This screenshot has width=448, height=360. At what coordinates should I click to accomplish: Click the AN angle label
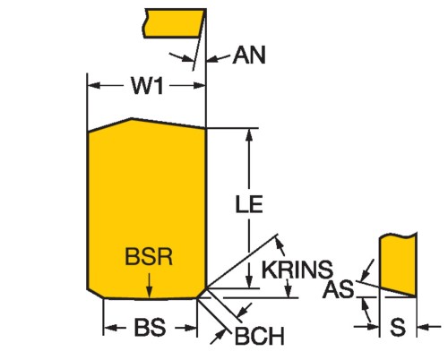(x=249, y=56)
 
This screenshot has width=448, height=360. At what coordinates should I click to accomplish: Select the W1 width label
(x=148, y=86)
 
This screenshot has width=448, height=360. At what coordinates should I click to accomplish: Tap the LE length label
(x=249, y=204)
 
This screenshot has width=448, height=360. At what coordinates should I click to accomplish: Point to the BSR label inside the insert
(x=149, y=256)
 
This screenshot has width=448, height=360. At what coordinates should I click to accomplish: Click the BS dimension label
(x=150, y=328)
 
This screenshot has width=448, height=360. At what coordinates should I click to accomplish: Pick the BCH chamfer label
(x=260, y=337)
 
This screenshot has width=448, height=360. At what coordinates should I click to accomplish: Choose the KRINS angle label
(x=297, y=270)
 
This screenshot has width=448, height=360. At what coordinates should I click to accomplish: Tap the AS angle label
(x=339, y=289)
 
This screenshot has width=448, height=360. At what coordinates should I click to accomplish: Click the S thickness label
(x=398, y=327)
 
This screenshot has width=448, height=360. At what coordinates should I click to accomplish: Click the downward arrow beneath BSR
(x=150, y=286)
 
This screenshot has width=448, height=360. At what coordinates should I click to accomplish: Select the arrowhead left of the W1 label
(x=94, y=86)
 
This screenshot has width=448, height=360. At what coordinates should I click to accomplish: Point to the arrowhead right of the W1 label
(x=200, y=86)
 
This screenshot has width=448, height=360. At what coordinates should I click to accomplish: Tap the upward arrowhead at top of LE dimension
(x=250, y=135)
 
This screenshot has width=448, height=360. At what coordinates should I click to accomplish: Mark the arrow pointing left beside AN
(x=218, y=58)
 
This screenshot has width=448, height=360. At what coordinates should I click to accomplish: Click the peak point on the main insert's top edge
(x=132, y=118)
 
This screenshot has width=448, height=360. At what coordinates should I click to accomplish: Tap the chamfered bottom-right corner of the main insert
(x=202, y=293)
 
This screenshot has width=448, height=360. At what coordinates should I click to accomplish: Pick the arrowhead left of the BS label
(x=109, y=328)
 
